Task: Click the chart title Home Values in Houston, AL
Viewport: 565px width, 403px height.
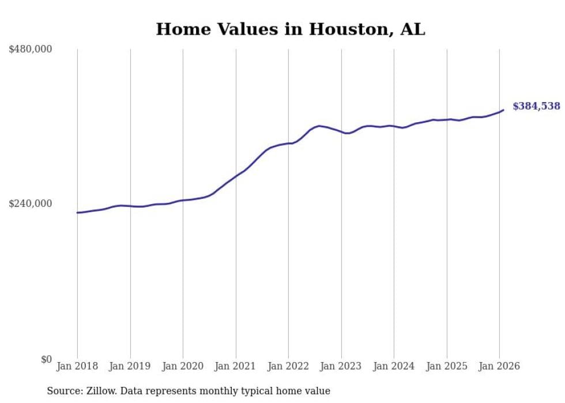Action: [290, 29]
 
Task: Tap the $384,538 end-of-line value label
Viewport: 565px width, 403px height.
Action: [536, 106]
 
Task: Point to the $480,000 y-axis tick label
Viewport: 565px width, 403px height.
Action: [31, 50]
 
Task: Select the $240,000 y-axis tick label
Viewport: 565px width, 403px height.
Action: [31, 204]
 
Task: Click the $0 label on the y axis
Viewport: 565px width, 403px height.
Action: [46, 359]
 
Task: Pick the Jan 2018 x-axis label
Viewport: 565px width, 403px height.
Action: [77, 367]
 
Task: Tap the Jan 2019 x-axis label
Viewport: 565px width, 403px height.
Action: [130, 367]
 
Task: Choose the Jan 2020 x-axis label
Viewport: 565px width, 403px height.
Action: [183, 367]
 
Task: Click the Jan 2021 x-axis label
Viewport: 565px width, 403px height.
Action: [236, 367]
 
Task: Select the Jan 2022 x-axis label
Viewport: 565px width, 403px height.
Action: [288, 367]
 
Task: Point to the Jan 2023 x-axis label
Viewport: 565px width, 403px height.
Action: [341, 367]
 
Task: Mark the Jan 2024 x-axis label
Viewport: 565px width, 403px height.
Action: [394, 367]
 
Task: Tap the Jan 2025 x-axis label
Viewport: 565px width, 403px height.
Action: [447, 367]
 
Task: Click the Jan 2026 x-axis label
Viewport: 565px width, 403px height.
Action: [499, 367]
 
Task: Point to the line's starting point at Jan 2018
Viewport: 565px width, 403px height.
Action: [77, 213]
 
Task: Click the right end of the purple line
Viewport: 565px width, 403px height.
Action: [503, 110]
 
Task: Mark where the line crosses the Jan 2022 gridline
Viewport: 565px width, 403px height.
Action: [288, 144]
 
